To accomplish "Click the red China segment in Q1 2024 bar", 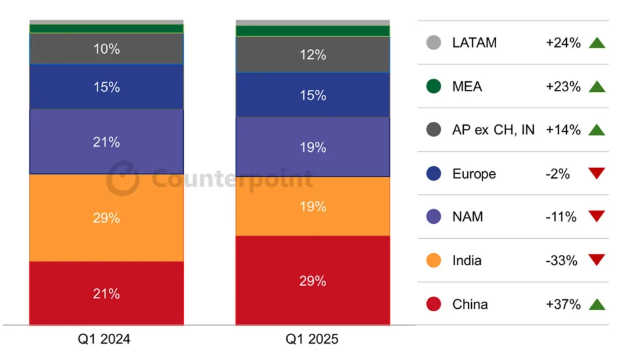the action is (106, 293).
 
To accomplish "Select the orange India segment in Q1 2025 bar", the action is (312, 206).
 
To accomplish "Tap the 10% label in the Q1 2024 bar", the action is (106, 49).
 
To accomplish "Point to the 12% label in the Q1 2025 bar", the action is (313, 55).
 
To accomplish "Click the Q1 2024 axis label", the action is (104, 339).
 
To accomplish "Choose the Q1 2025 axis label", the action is (312, 339).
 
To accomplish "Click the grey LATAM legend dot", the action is (434, 42).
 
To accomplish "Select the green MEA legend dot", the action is (434, 86).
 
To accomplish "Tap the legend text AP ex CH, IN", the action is (493, 130).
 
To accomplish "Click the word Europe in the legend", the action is (474, 174).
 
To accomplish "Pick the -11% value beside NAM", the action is (561, 217).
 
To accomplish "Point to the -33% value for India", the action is (561, 261).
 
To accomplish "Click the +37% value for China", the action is (563, 304).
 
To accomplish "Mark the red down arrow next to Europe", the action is (597, 172).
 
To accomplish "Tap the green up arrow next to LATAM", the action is (597, 43).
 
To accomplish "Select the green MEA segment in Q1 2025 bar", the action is (312, 31).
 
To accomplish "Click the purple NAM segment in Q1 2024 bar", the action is (106, 142).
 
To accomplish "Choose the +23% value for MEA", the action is (563, 86).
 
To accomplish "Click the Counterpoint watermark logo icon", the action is (122, 178).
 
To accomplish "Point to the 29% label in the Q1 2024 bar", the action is (106, 218).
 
